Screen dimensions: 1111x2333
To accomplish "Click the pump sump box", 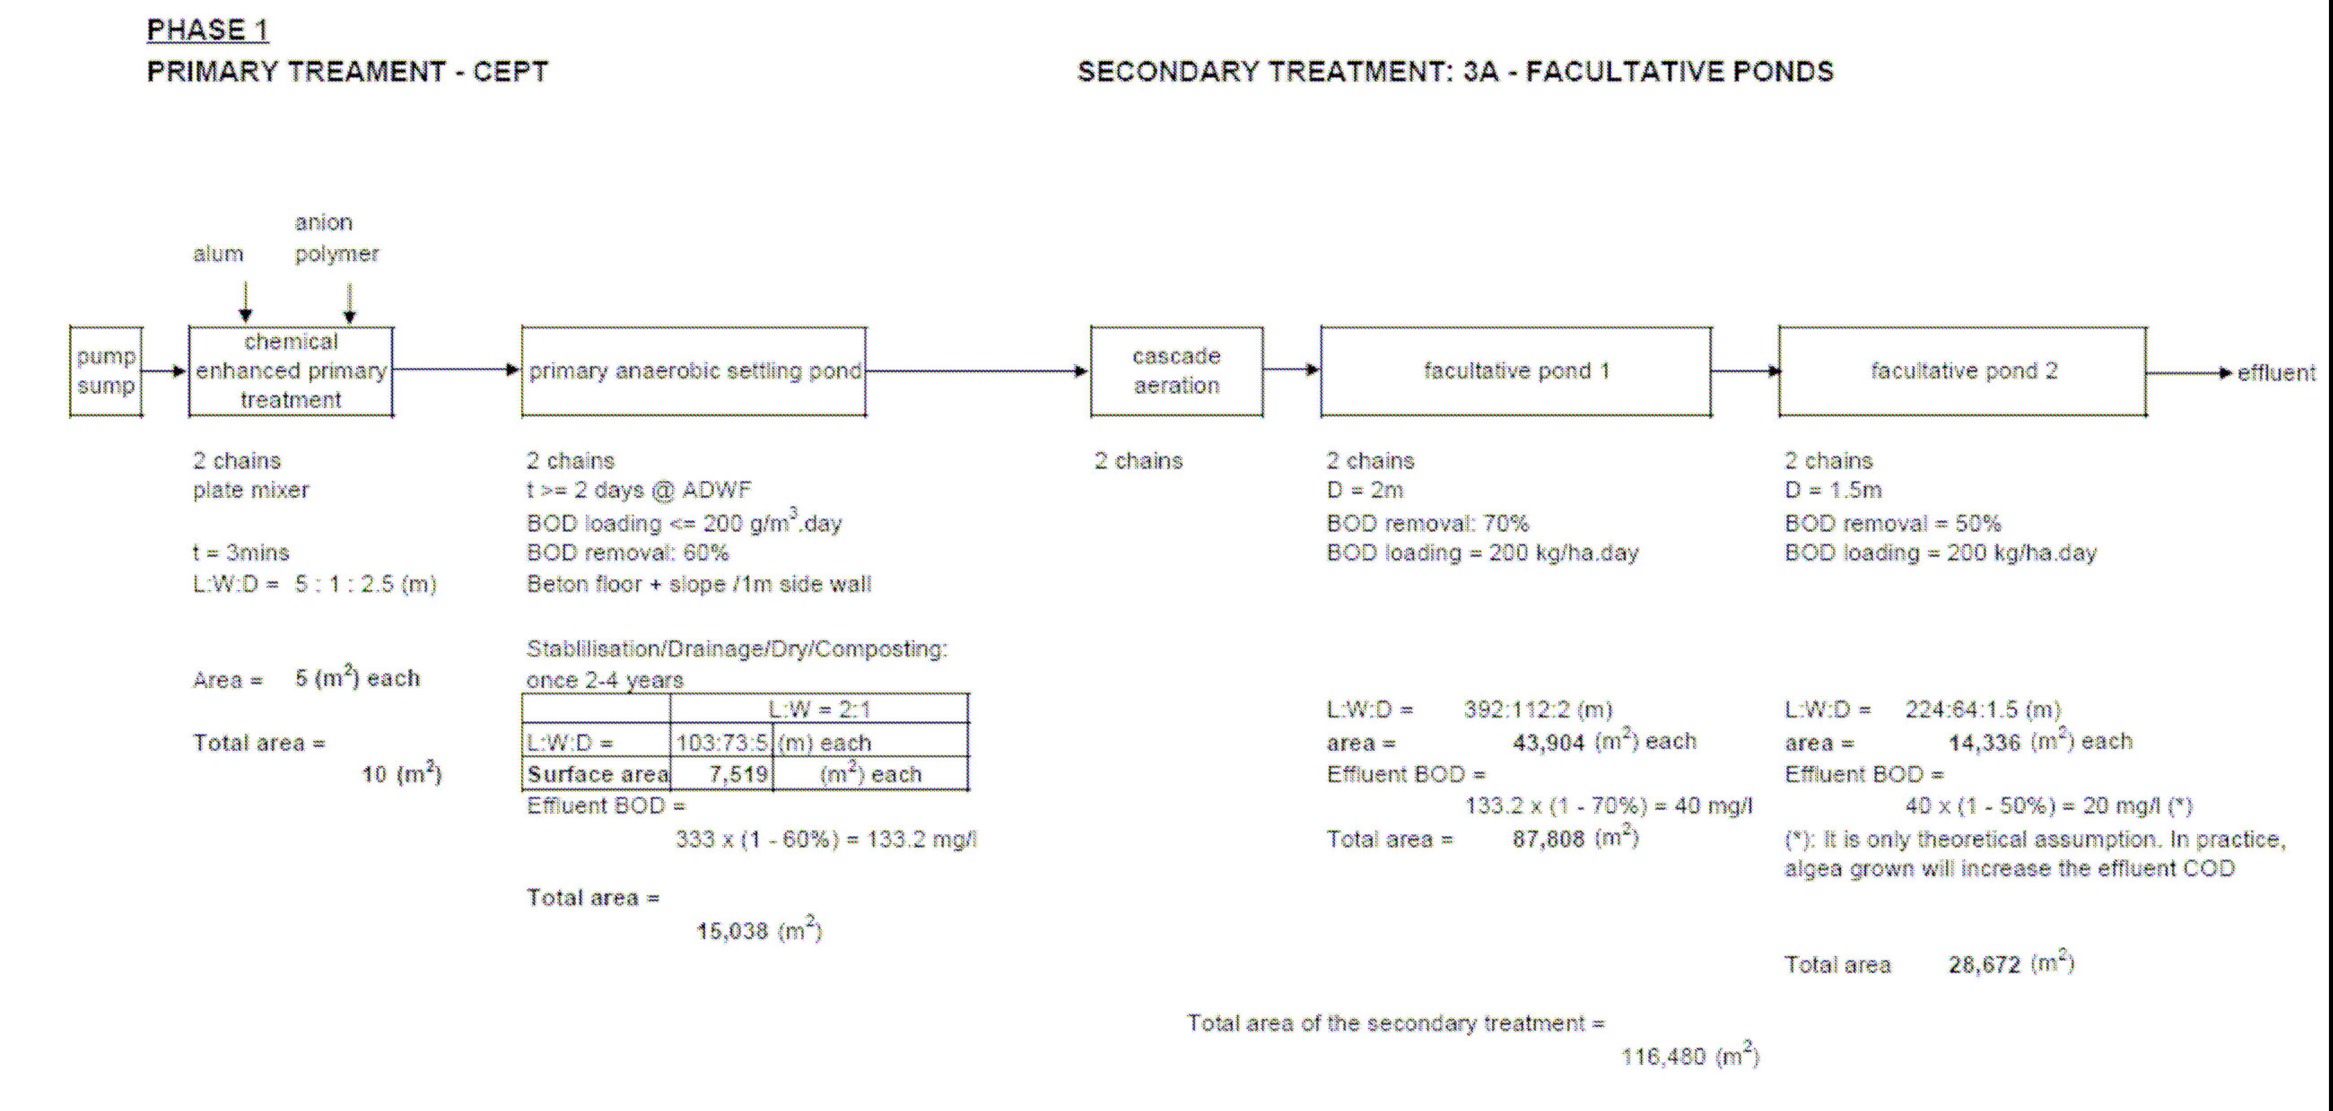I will tap(106, 371).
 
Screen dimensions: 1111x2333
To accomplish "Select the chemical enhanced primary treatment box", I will tap(291, 371).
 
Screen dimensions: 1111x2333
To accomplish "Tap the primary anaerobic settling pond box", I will tap(694, 371).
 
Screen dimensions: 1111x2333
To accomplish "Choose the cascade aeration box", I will tap(1177, 371).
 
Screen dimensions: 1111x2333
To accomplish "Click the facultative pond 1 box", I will tap(1516, 371).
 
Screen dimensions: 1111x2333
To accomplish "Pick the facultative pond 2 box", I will tap(1962, 371).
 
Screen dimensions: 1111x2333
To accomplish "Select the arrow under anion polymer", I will tap(349, 303).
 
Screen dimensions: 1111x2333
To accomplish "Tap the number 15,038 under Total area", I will tap(732, 932).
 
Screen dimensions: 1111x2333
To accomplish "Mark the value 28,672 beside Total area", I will tap(1984, 965).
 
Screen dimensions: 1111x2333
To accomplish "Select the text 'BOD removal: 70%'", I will tap(1427, 523).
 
